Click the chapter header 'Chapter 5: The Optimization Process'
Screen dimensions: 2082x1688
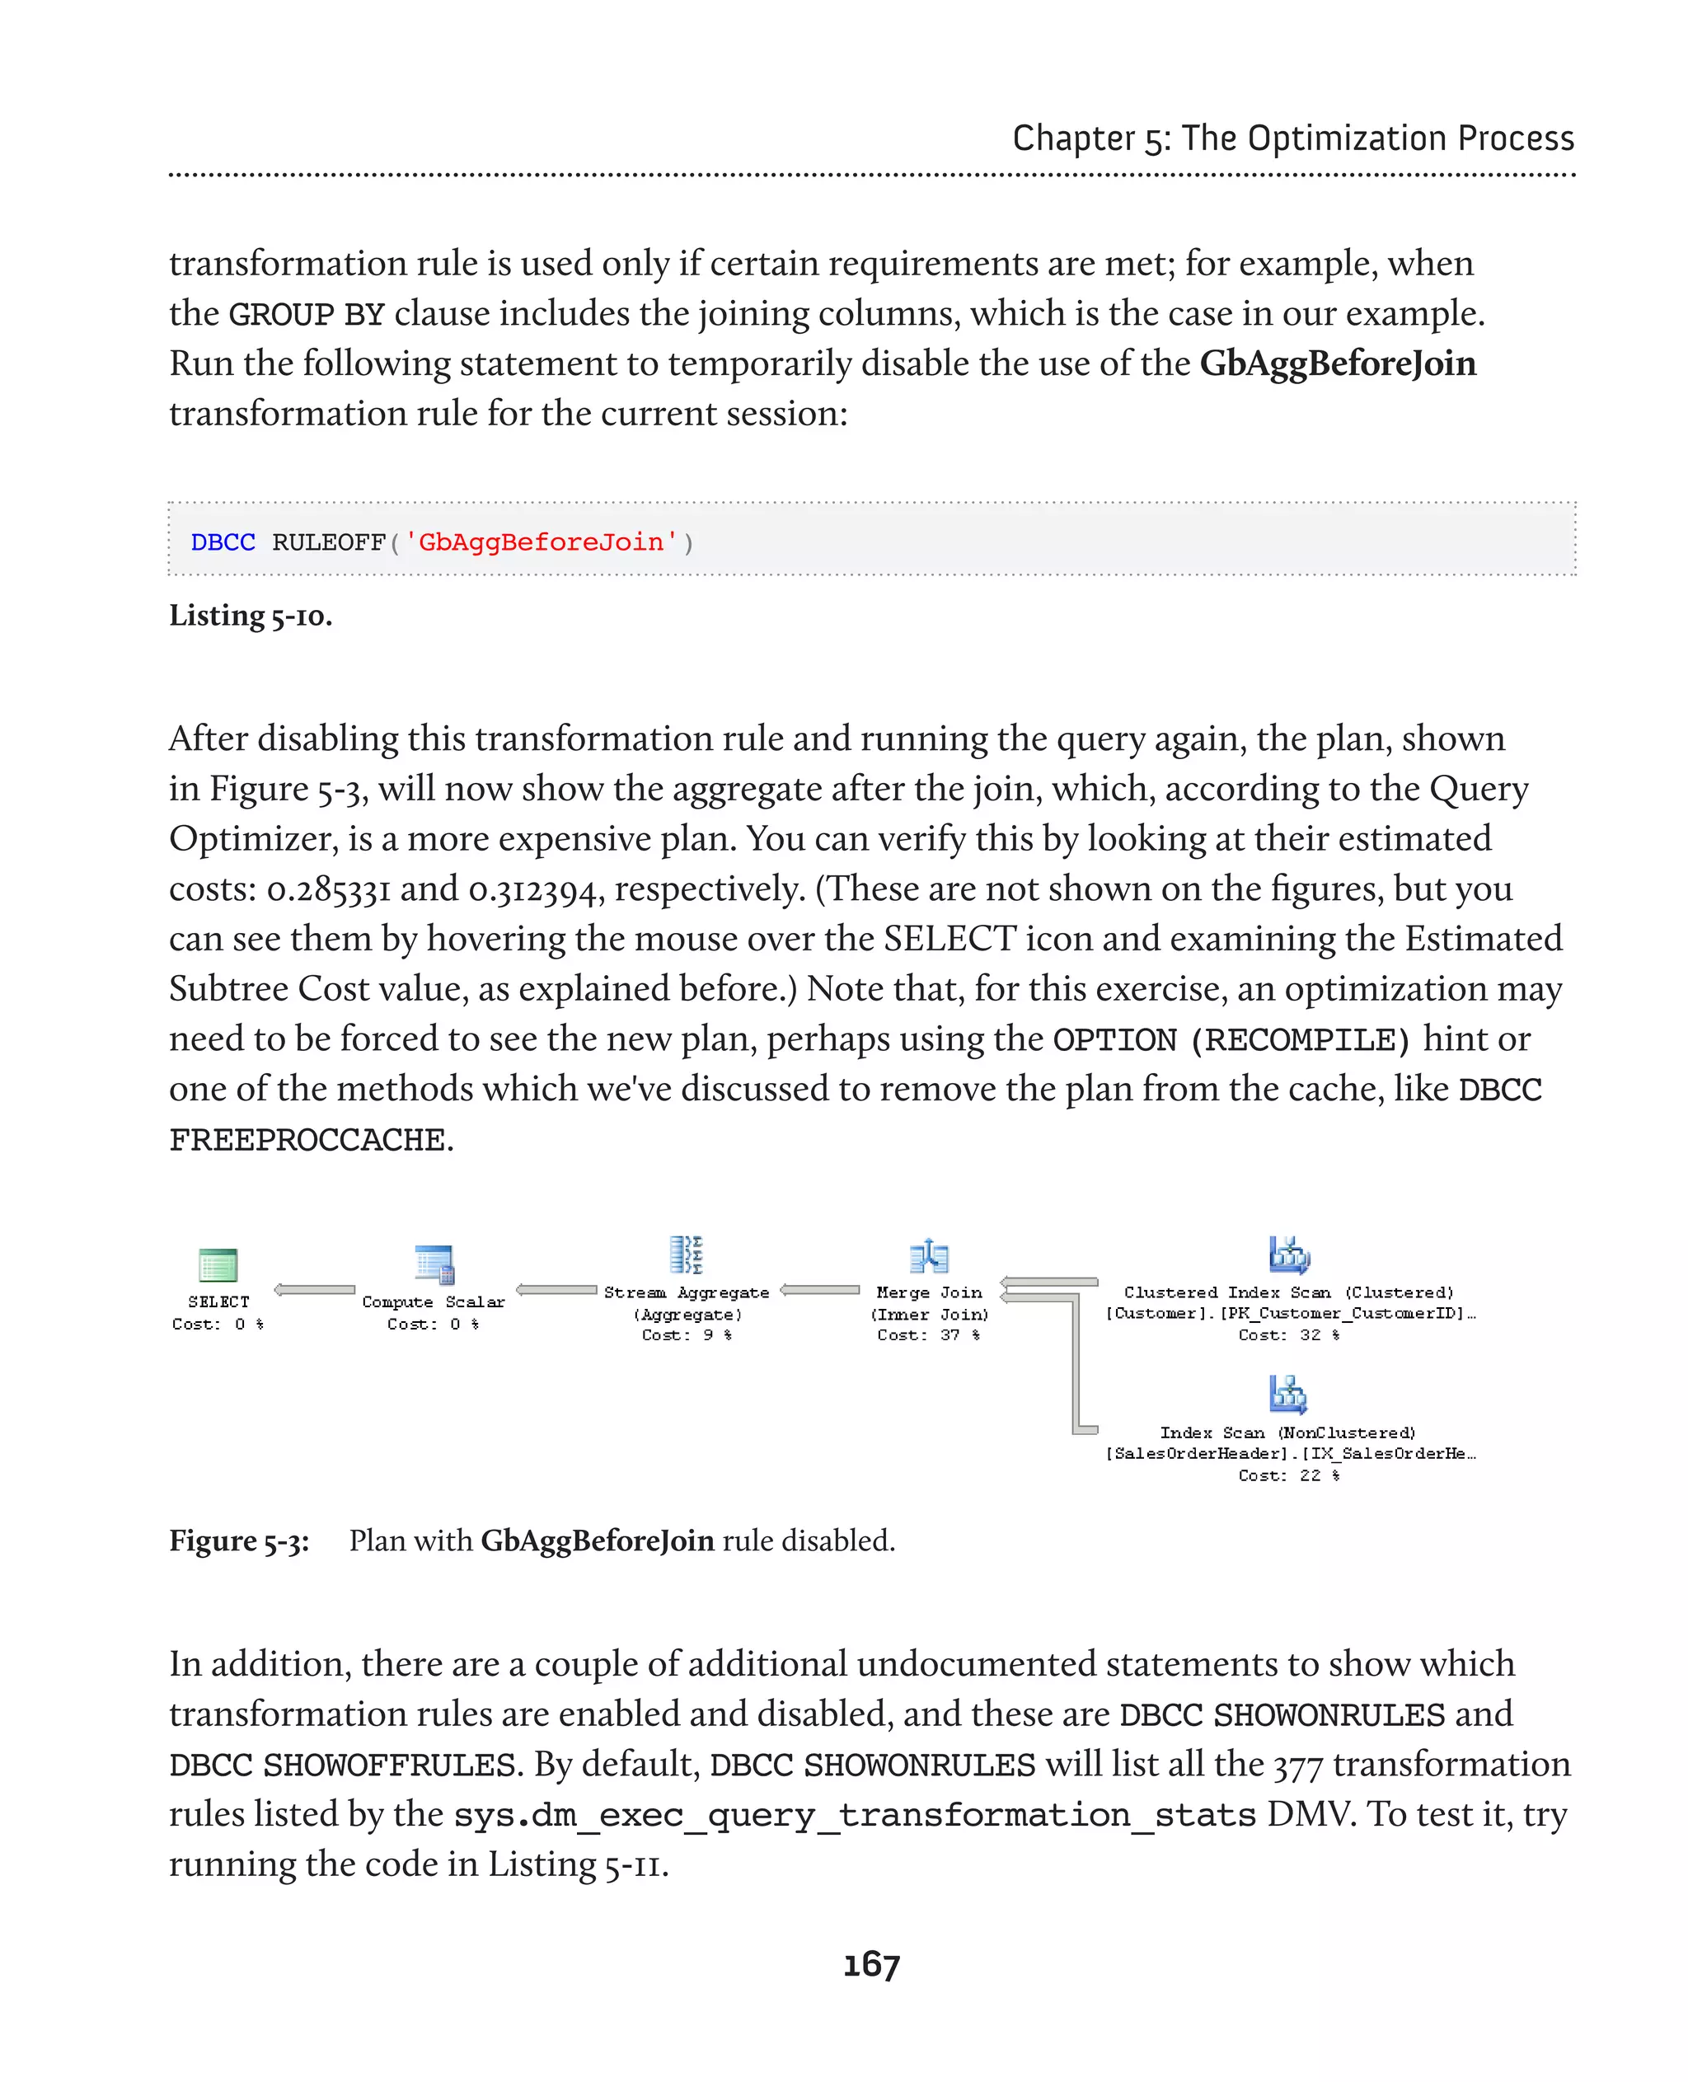[1292, 138]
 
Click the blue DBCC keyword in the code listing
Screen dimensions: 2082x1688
[223, 542]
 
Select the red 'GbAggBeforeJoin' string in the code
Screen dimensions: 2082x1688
[541, 542]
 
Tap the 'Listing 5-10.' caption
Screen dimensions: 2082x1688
[251, 616]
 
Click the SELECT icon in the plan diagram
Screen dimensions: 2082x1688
[218, 1264]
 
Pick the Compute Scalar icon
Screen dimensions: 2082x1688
[434, 1264]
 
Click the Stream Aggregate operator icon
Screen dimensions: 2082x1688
[687, 1254]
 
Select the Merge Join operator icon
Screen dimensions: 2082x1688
[929, 1255]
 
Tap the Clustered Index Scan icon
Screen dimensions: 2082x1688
[1288, 1254]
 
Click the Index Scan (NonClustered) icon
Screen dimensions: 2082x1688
[1288, 1394]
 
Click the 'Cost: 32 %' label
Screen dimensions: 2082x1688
[1288, 1335]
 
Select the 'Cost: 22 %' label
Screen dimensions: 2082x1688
[1288, 1475]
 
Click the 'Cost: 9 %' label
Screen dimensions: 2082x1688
[687, 1335]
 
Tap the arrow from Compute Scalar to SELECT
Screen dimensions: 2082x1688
[315, 1289]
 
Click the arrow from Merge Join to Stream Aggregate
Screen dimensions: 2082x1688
[821, 1289]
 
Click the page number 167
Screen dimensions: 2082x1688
[871, 1964]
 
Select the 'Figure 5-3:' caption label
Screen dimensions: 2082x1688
[239, 1540]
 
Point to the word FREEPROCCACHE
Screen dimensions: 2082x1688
[307, 1139]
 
